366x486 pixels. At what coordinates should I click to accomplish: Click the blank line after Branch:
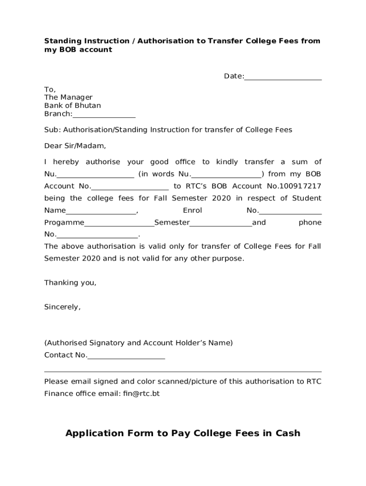(x=104, y=114)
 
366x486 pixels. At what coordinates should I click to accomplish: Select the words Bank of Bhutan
(x=72, y=105)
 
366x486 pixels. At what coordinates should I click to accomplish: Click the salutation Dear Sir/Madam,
(x=75, y=146)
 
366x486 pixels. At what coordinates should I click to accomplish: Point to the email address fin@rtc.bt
(x=141, y=393)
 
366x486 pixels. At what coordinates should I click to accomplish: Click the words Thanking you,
(x=70, y=283)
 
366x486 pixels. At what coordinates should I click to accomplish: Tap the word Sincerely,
(x=62, y=307)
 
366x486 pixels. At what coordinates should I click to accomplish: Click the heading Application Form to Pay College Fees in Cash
(x=183, y=433)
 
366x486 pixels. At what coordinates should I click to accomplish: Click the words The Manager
(x=68, y=97)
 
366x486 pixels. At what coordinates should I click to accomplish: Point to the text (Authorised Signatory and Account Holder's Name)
(x=138, y=343)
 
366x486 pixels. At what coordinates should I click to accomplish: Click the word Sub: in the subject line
(x=52, y=130)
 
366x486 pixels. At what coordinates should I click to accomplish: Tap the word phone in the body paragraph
(x=310, y=223)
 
